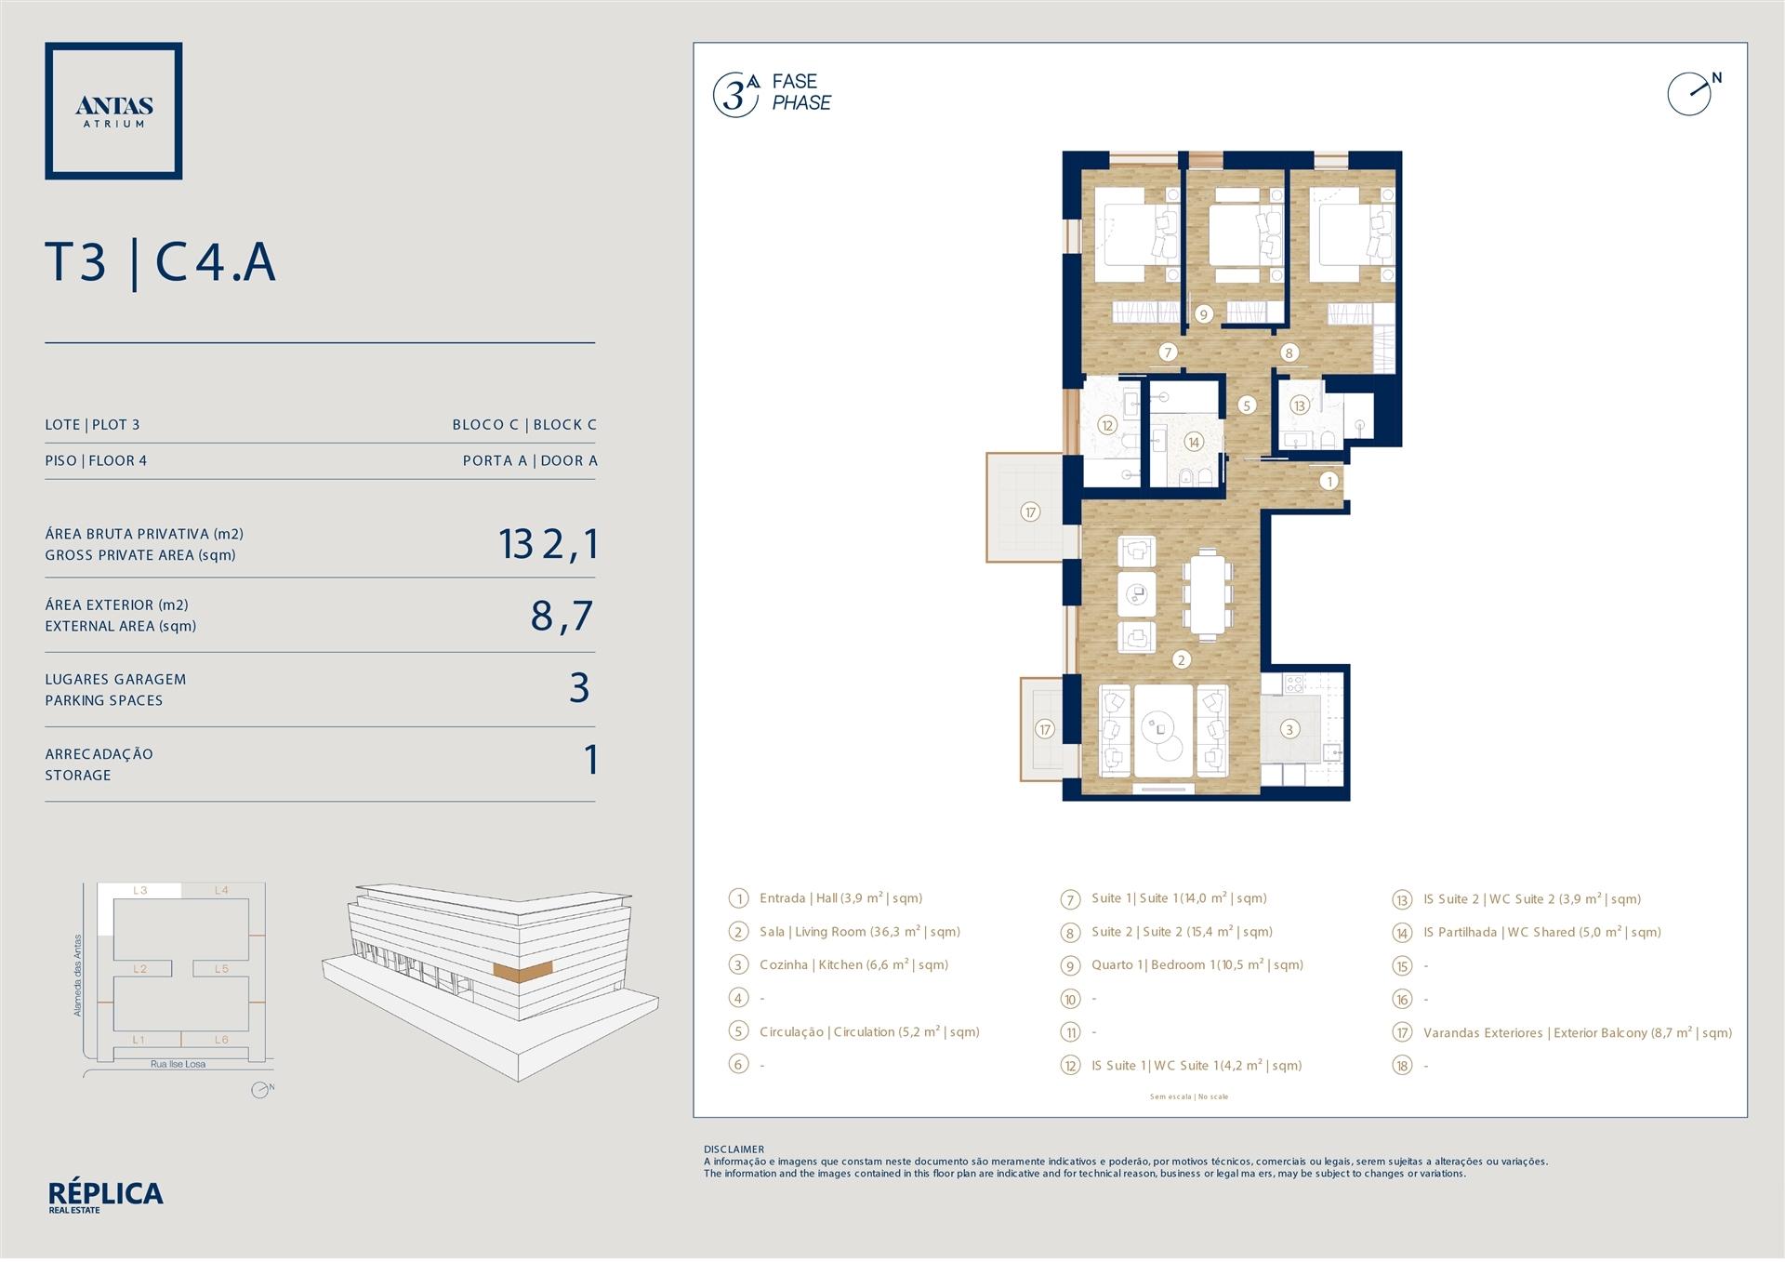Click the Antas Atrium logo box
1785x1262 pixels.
click(x=113, y=111)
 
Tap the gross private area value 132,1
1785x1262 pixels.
click(x=548, y=544)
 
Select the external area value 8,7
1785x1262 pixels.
click(x=562, y=616)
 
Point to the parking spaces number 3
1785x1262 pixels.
click(x=579, y=688)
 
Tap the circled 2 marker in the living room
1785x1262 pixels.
click(x=1181, y=660)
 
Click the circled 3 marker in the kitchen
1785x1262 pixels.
click(x=1289, y=729)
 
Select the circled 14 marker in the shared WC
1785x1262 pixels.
click(x=1193, y=443)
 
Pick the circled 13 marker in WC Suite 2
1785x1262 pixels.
click(x=1299, y=405)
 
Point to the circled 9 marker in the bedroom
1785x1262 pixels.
click(x=1203, y=314)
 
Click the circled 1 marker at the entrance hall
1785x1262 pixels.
click(x=1329, y=481)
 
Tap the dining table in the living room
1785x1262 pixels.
click(x=1207, y=593)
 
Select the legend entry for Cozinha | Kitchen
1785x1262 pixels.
click(x=853, y=965)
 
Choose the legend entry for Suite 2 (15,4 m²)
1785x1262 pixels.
click(x=1182, y=932)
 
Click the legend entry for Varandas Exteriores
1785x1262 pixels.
click(x=1578, y=1032)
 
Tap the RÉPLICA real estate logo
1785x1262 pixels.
click(x=105, y=1197)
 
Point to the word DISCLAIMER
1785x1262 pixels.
click(x=734, y=1149)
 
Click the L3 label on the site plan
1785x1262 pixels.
click(x=140, y=890)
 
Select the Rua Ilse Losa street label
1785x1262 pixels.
click(x=178, y=1064)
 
